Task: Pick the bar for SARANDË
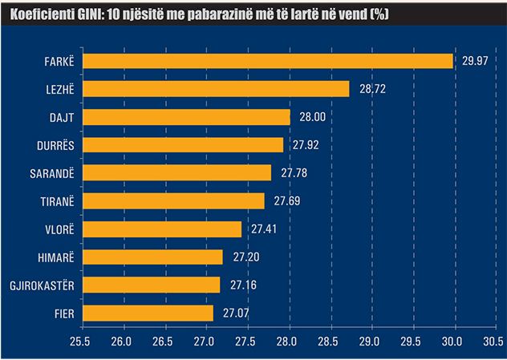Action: (x=177, y=173)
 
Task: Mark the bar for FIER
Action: (x=148, y=313)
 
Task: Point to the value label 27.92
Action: (x=306, y=145)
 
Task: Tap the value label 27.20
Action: (x=245, y=257)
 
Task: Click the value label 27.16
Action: (x=242, y=285)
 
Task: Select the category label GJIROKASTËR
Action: (x=41, y=285)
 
